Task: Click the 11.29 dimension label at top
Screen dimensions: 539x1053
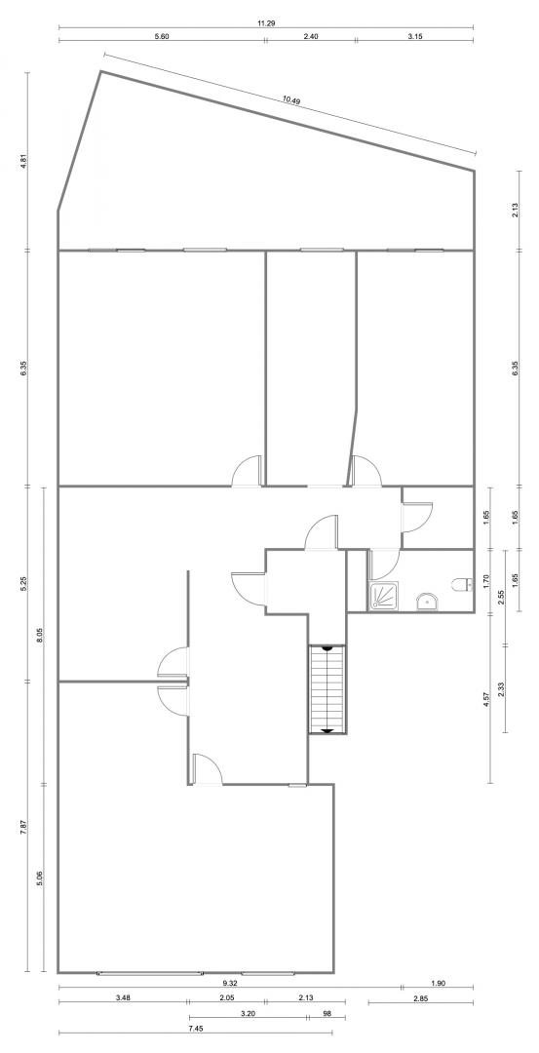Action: (x=266, y=22)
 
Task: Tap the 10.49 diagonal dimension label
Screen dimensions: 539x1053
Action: (x=290, y=100)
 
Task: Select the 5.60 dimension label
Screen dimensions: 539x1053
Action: (x=161, y=36)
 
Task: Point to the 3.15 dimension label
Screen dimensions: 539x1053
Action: (x=414, y=36)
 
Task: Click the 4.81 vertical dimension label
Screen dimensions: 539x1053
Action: (x=22, y=162)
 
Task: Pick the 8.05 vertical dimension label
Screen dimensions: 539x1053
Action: (x=40, y=636)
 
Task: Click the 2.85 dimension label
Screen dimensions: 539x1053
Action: (x=421, y=999)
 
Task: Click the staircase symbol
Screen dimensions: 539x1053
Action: (x=327, y=689)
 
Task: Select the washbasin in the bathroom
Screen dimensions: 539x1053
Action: (x=426, y=601)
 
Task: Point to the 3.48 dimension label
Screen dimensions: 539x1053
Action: (x=123, y=998)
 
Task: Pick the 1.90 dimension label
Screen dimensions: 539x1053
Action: (x=438, y=983)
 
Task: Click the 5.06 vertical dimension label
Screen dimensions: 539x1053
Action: (x=40, y=877)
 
